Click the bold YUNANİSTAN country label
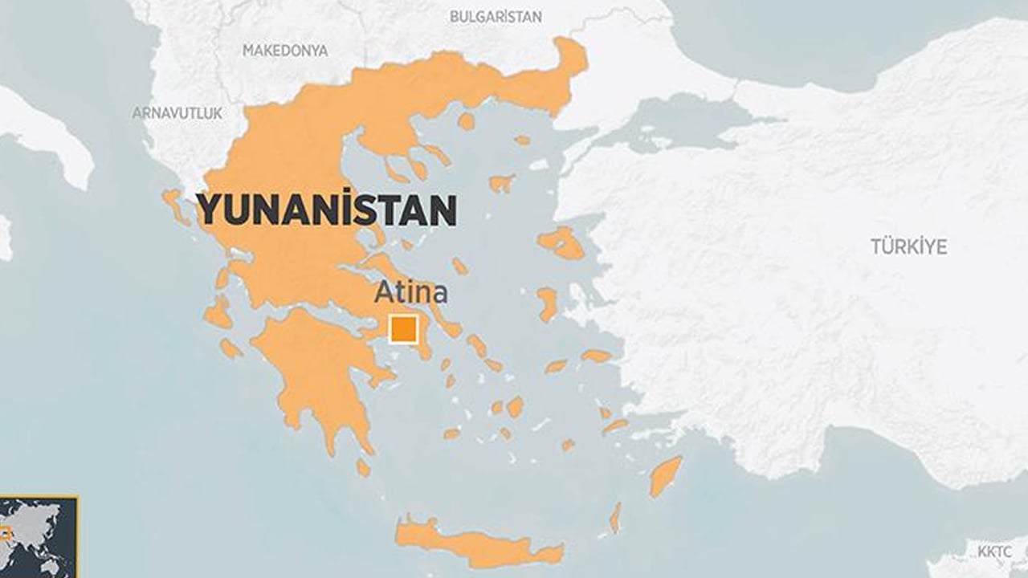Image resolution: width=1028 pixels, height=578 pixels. coord(327,210)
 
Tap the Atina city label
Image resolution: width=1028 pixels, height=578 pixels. coord(410,293)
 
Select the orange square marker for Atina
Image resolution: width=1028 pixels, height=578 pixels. coord(403,330)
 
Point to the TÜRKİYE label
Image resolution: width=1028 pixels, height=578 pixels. coord(908,246)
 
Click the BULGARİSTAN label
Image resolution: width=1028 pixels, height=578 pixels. coord(495,17)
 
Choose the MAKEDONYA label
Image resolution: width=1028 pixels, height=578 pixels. coord(285,51)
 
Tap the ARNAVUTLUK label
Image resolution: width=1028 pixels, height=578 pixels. coord(177,113)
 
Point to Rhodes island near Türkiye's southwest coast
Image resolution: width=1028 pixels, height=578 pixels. coord(665,475)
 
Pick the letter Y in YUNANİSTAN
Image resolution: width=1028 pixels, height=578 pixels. coord(209,210)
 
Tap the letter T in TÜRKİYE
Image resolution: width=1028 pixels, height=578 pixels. coord(876,246)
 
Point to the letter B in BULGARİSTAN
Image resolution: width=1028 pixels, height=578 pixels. coord(454,17)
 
